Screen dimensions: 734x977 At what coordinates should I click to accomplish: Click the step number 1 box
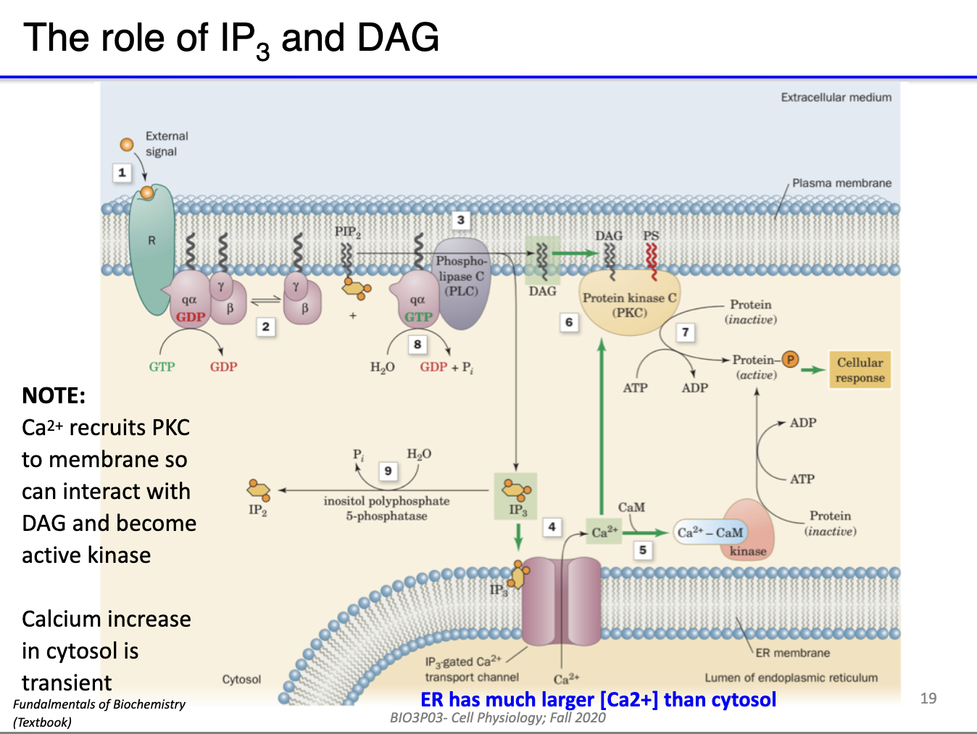click(122, 173)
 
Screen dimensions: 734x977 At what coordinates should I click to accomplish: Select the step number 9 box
click(388, 471)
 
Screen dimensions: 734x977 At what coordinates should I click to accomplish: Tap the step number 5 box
click(643, 550)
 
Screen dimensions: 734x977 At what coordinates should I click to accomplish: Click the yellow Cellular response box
click(860, 370)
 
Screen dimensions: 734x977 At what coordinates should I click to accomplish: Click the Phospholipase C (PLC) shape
click(462, 283)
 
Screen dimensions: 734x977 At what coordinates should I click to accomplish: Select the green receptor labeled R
click(151, 247)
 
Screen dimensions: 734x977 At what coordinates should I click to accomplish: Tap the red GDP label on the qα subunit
click(191, 317)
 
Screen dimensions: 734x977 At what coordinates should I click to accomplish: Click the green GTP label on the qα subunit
click(418, 317)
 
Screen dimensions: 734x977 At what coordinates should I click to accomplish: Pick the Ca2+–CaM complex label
click(710, 532)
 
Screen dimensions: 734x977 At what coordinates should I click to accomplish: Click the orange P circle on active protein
click(790, 359)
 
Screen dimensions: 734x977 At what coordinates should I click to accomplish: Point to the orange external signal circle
click(127, 144)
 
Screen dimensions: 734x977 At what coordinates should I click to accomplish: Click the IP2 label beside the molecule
click(257, 510)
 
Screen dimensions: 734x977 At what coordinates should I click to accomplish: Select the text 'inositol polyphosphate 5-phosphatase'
click(386, 508)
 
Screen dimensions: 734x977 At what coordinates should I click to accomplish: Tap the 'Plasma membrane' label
click(841, 183)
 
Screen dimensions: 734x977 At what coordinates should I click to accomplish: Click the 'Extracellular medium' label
click(836, 97)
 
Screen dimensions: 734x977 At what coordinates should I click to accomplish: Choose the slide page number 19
click(928, 698)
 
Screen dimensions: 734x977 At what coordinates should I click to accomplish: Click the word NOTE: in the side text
click(54, 395)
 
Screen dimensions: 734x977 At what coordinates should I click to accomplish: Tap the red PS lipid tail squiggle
click(652, 261)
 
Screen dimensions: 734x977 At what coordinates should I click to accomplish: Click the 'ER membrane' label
click(792, 653)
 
